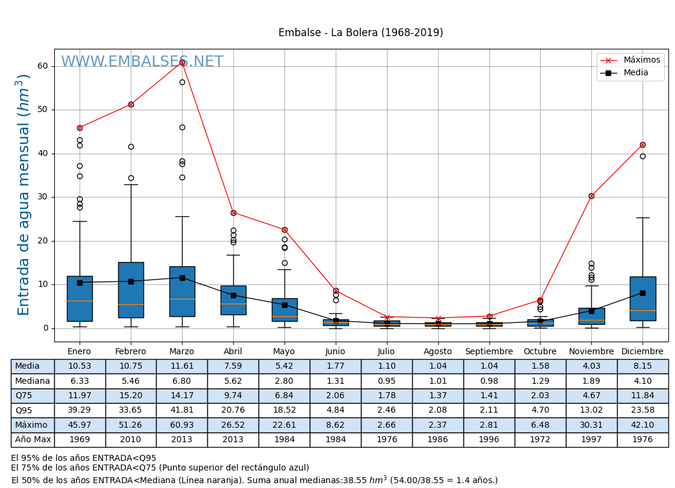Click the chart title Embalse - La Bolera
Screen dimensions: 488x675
click(x=360, y=33)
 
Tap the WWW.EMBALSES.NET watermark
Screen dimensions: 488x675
click(x=142, y=62)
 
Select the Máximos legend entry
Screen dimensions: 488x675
click(x=641, y=60)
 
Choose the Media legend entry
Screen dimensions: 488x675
click(x=636, y=73)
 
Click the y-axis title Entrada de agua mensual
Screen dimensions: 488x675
click(x=24, y=195)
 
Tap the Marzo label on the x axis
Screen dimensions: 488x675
click(x=181, y=352)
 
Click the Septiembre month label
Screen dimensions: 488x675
click(x=489, y=352)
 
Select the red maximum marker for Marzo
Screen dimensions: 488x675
click(x=182, y=62)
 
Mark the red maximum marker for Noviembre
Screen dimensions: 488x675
click(x=591, y=196)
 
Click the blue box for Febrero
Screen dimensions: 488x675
click(x=131, y=290)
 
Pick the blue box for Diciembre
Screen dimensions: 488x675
click(x=642, y=299)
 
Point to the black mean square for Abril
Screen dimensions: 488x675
click(x=233, y=295)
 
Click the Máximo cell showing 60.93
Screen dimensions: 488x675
click(x=181, y=425)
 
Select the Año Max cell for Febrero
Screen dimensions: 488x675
click(x=131, y=440)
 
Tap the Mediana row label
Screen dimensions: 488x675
click(x=33, y=381)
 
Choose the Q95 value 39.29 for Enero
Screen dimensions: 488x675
click(x=80, y=410)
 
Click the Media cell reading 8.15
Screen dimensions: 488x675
click(x=642, y=366)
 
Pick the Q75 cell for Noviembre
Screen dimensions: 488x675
click(x=591, y=396)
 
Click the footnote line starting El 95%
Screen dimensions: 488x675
click(x=84, y=458)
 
